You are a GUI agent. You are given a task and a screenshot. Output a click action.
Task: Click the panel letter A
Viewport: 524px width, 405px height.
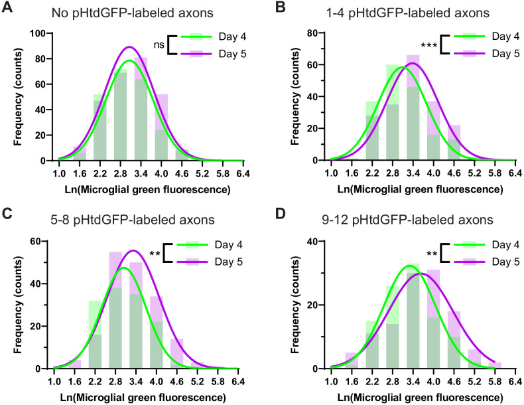pyautogui.click(x=7, y=7)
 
